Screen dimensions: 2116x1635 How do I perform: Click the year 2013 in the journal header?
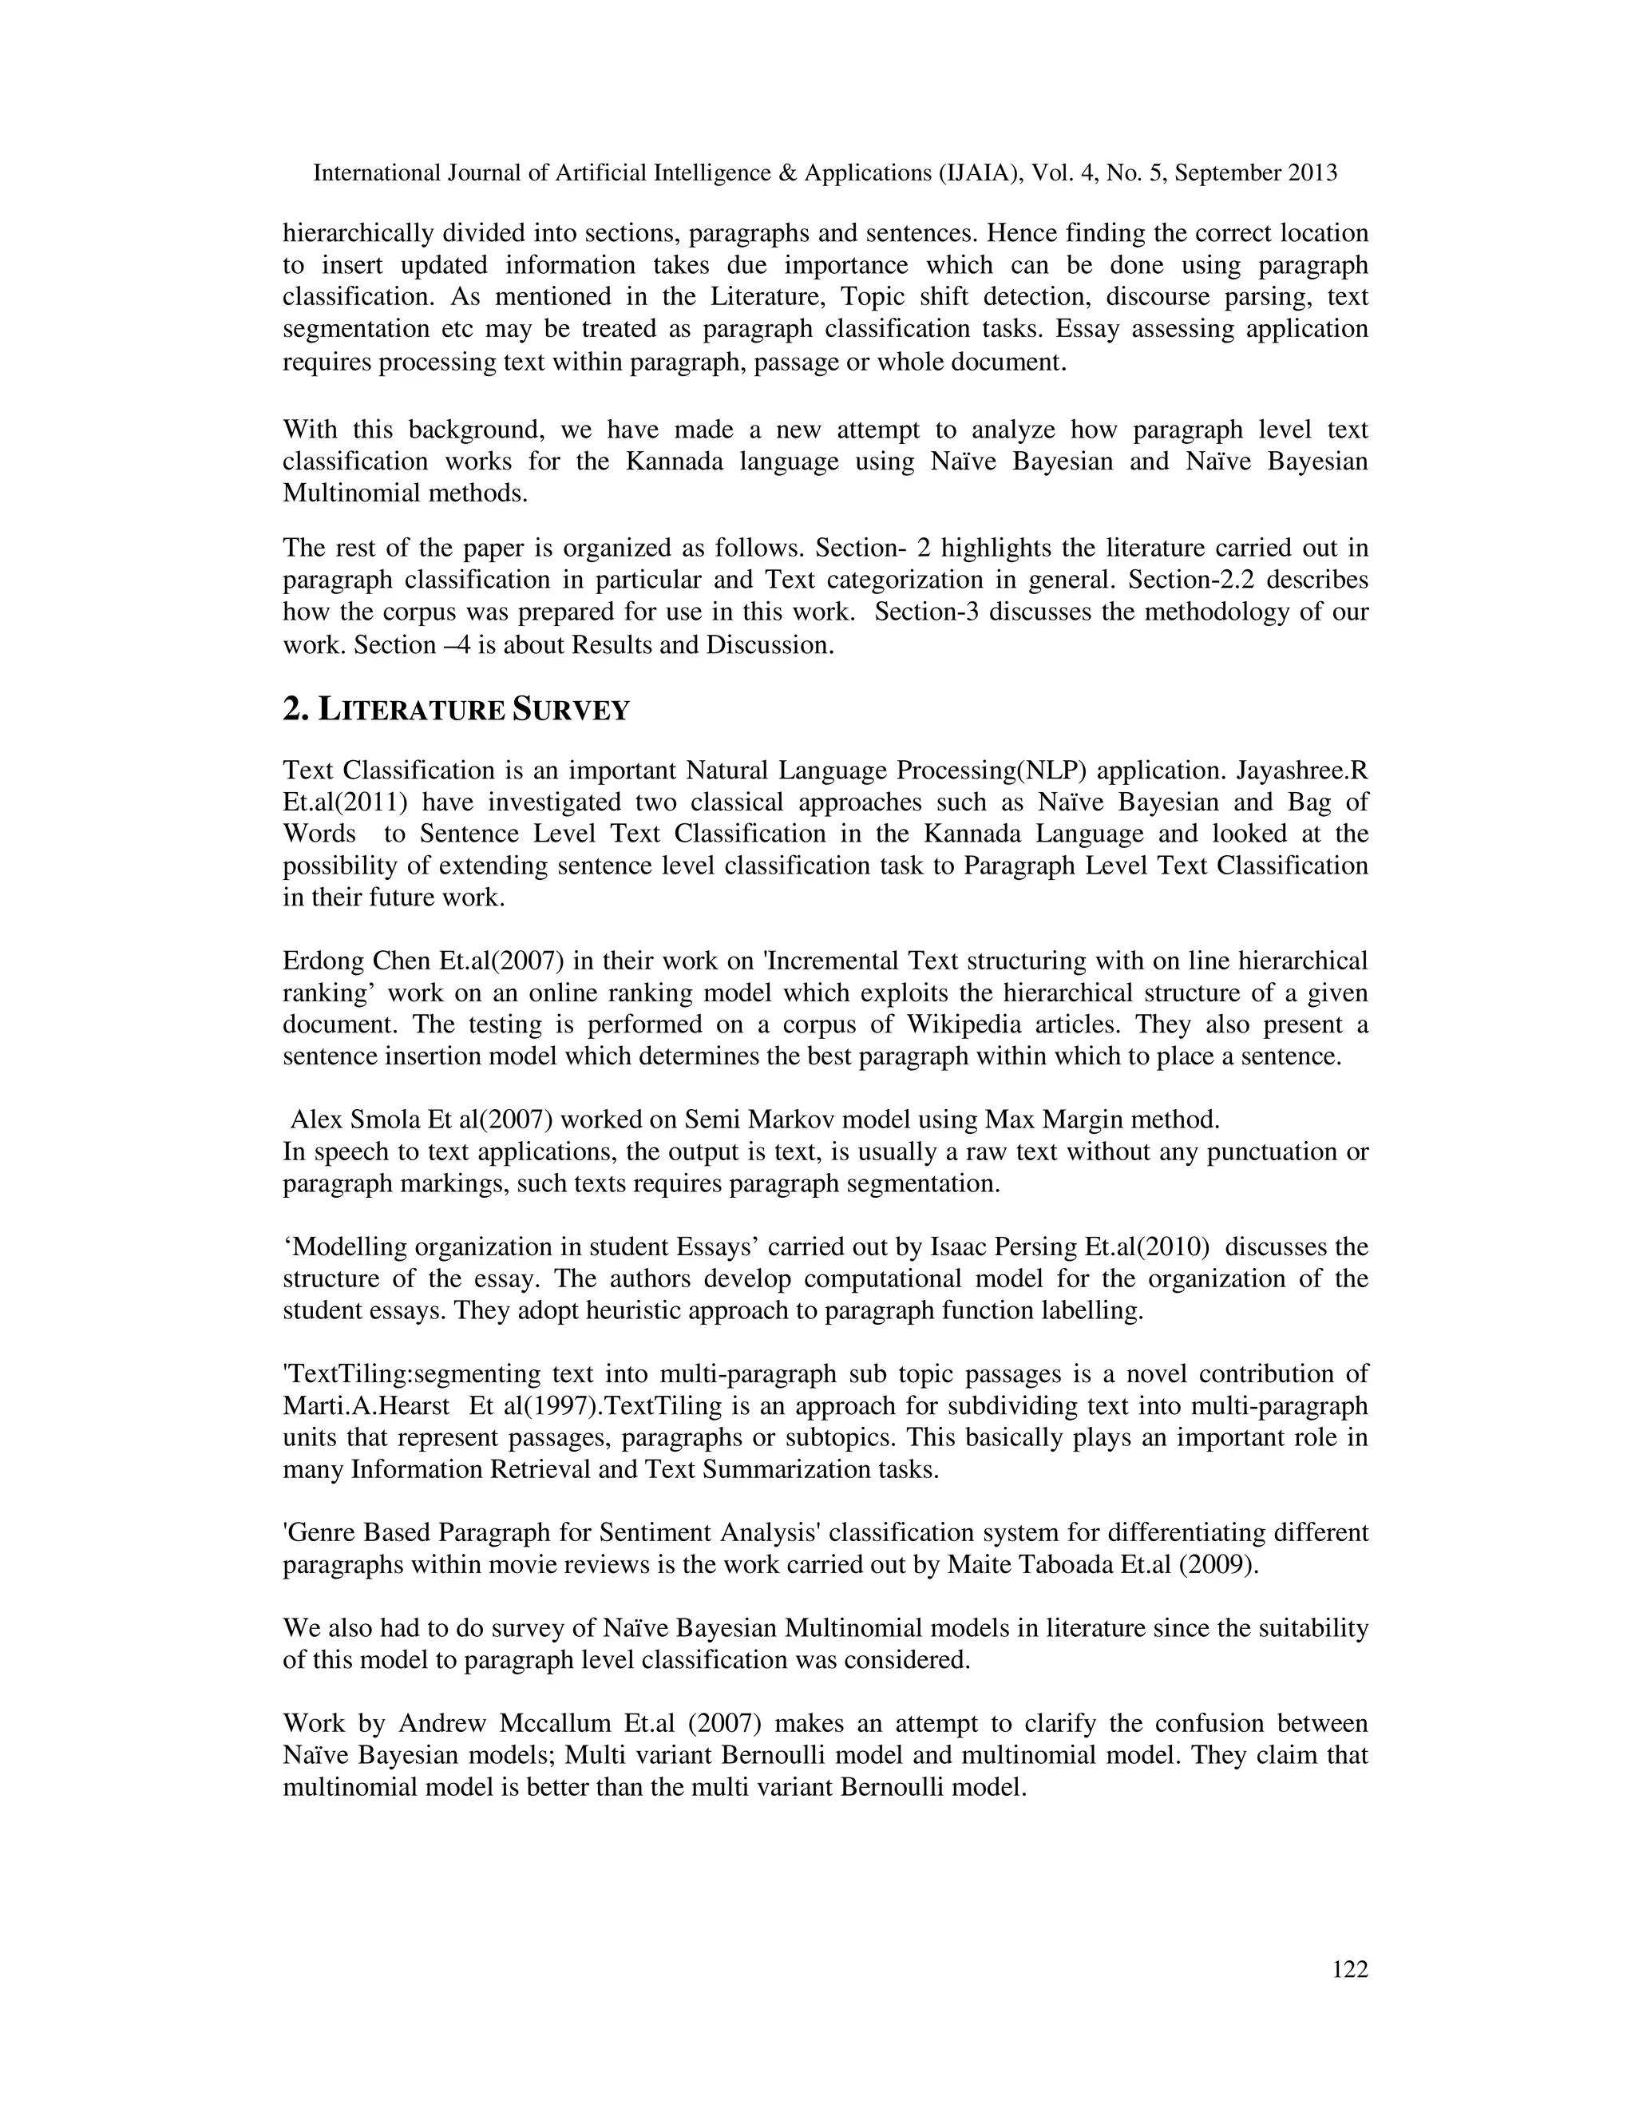1312,173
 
